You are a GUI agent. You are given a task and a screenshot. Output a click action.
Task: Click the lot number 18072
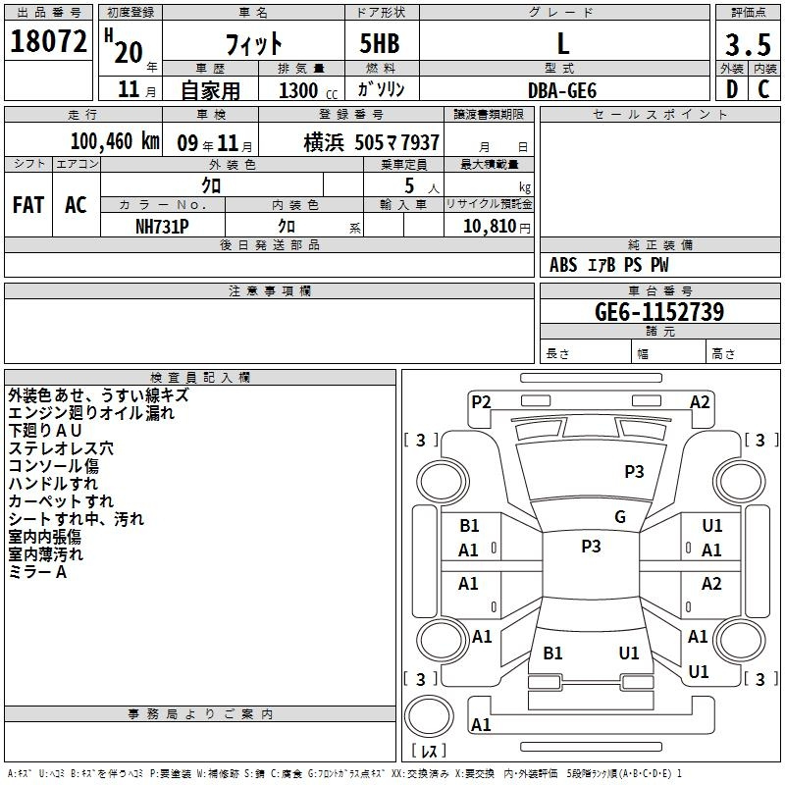48,41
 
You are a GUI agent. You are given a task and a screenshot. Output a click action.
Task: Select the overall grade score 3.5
748,44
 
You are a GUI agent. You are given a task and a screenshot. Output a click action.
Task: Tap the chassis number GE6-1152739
659,312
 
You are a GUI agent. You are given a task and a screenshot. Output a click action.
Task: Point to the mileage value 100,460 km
115,141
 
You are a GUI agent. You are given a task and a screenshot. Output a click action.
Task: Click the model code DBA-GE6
562,90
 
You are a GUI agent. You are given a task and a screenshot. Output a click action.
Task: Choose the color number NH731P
162,227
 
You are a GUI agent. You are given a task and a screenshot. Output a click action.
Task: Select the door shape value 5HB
380,43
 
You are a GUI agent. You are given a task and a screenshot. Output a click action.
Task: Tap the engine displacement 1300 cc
308,90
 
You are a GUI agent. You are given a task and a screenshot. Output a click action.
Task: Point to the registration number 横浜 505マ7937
372,142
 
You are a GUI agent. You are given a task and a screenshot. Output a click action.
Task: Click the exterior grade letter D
732,89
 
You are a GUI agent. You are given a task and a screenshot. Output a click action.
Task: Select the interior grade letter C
763,89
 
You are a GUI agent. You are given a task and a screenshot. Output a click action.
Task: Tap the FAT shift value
28,205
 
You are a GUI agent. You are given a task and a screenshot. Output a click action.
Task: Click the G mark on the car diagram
620,517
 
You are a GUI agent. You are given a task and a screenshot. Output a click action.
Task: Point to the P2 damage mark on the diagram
481,402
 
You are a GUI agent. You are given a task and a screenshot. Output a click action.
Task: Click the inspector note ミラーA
37,572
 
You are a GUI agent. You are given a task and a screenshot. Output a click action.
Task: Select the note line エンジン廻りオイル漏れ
91,413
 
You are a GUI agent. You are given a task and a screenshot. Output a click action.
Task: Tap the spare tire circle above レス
429,715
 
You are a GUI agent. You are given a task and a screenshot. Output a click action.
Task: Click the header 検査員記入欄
200,378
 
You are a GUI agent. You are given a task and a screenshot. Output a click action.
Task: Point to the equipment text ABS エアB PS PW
608,265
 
